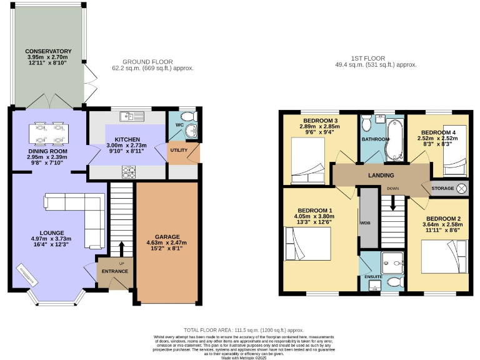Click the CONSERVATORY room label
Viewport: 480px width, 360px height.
click(x=48, y=51)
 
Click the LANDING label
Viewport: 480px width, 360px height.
click(x=381, y=176)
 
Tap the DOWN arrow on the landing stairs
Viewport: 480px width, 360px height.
click(x=392, y=201)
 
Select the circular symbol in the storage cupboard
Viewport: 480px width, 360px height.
click(x=462, y=188)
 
